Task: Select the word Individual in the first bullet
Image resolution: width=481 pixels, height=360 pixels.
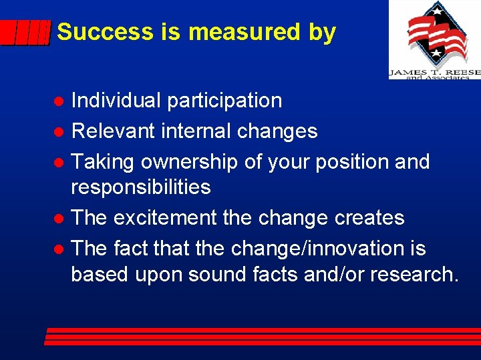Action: coord(116,101)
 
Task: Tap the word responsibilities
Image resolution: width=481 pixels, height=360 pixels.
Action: coord(141,187)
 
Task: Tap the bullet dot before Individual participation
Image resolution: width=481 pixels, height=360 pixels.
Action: coord(59,101)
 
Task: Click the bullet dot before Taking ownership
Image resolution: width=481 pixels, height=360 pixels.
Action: coord(59,162)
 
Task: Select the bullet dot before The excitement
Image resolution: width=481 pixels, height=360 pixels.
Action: coord(59,219)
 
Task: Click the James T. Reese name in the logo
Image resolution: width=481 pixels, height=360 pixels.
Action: coord(434,71)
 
